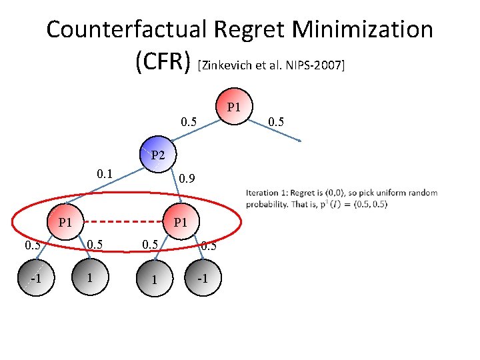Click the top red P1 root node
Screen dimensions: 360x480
click(x=234, y=108)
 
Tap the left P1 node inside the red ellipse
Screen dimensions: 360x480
click(x=65, y=222)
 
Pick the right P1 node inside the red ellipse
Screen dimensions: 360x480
click(x=180, y=222)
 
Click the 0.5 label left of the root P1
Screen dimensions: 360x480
click(x=189, y=122)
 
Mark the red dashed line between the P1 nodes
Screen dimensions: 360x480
click(x=122, y=222)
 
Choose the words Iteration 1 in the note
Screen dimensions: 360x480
click(x=265, y=193)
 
